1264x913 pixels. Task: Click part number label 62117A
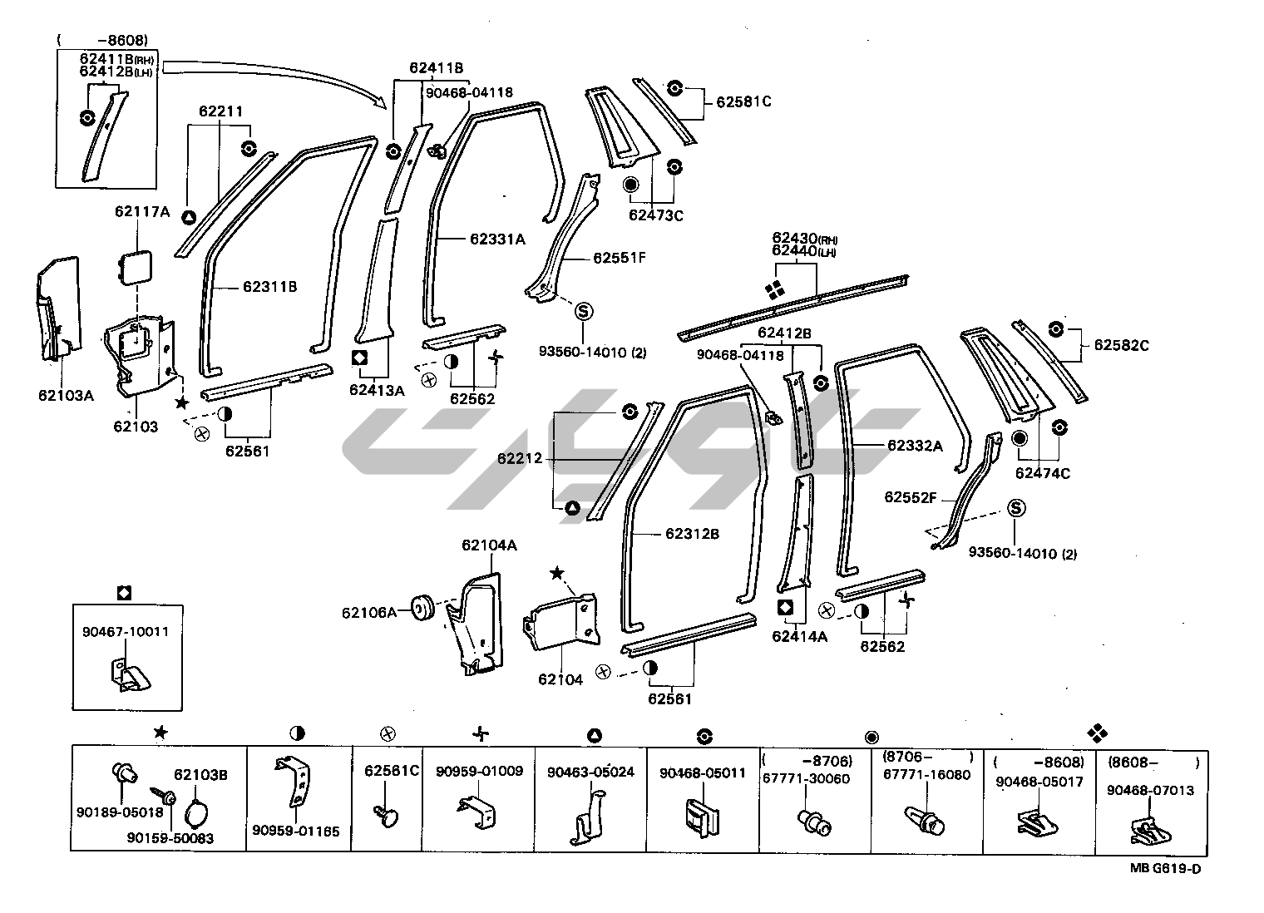(141, 212)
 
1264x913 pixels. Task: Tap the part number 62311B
(270, 287)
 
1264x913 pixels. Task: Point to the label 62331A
(497, 239)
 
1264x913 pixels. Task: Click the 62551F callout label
(619, 258)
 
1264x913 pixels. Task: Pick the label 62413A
(377, 389)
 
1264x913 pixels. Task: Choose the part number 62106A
(369, 613)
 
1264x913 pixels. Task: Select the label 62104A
(490, 545)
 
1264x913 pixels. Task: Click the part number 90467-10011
(126, 631)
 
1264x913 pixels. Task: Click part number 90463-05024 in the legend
(590, 772)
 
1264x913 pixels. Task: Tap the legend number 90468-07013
(1150, 789)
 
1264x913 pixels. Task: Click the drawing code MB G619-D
(1164, 869)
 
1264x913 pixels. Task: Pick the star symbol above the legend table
(160, 733)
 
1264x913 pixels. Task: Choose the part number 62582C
(1121, 344)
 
